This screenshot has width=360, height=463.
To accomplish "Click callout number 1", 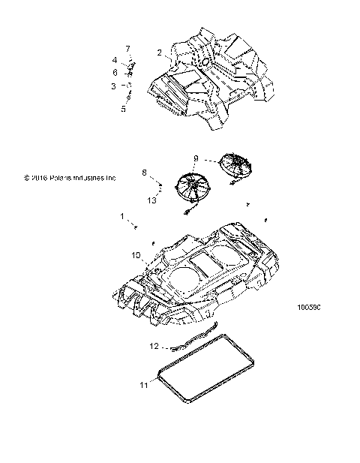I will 122,216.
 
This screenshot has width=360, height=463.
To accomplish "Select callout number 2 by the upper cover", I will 159,52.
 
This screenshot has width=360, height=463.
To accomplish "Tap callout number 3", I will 113,86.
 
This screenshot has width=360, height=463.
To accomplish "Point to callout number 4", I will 115,59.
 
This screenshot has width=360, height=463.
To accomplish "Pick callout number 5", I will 124,108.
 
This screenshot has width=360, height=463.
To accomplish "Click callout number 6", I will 115,72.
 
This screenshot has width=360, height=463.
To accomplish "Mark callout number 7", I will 127,49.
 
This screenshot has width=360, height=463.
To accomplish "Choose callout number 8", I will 144,173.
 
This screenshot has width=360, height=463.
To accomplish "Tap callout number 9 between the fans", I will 196,158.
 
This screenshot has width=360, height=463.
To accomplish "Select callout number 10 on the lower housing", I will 136,256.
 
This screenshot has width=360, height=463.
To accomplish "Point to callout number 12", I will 154,347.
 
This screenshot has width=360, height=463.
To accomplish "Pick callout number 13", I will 151,200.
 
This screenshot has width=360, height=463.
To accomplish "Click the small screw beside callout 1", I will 135,224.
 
